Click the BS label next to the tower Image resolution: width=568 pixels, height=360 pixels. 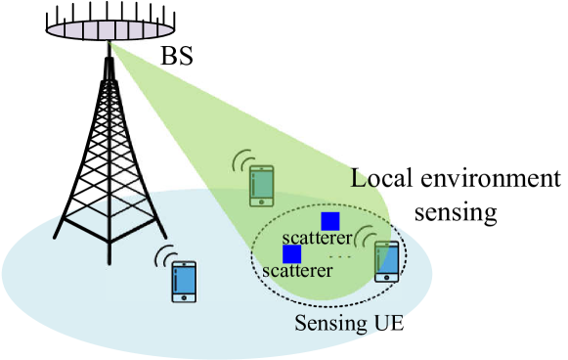pyautogui.click(x=177, y=56)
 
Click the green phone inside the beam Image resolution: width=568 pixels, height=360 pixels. pyautogui.click(x=261, y=186)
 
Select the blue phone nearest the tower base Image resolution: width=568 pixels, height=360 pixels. pyautogui.click(x=184, y=281)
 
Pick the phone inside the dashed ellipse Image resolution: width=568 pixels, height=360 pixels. pyautogui.click(x=387, y=261)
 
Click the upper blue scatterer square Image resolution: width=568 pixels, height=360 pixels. pyautogui.click(x=330, y=221)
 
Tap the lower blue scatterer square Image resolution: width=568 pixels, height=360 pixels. pyautogui.click(x=291, y=254)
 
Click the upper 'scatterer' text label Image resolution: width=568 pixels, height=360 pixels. pyautogui.click(x=317, y=238)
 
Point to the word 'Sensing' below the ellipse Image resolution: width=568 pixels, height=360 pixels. pyautogui.click(x=328, y=323)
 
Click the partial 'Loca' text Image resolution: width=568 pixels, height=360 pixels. pyautogui.click(x=376, y=180)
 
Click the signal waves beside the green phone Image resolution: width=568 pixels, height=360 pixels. pyautogui.click(x=240, y=163)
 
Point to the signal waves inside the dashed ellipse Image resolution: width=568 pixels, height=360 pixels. pyautogui.click(x=365, y=237)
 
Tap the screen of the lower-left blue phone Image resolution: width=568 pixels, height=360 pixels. pyautogui.click(x=184, y=279)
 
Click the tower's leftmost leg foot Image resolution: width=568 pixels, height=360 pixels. pyautogui.click(x=56, y=242)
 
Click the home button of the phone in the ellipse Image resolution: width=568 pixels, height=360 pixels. pyautogui.click(x=387, y=277)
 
